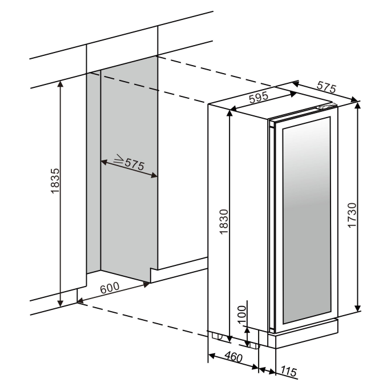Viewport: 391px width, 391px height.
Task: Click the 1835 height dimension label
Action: (55, 181)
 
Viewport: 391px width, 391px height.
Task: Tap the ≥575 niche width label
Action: (129, 162)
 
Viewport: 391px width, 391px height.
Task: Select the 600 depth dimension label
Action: (110, 288)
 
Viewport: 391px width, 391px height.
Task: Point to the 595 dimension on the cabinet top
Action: (259, 97)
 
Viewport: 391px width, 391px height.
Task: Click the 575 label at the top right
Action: (326, 87)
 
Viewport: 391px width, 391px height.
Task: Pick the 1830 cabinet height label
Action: (224, 221)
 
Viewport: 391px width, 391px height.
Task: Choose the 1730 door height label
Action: (352, 215)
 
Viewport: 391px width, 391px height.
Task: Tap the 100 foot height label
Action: (242, 315)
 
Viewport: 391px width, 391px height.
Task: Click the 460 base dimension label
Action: (233, 357)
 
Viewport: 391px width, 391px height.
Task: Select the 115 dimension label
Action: (289, 371)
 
